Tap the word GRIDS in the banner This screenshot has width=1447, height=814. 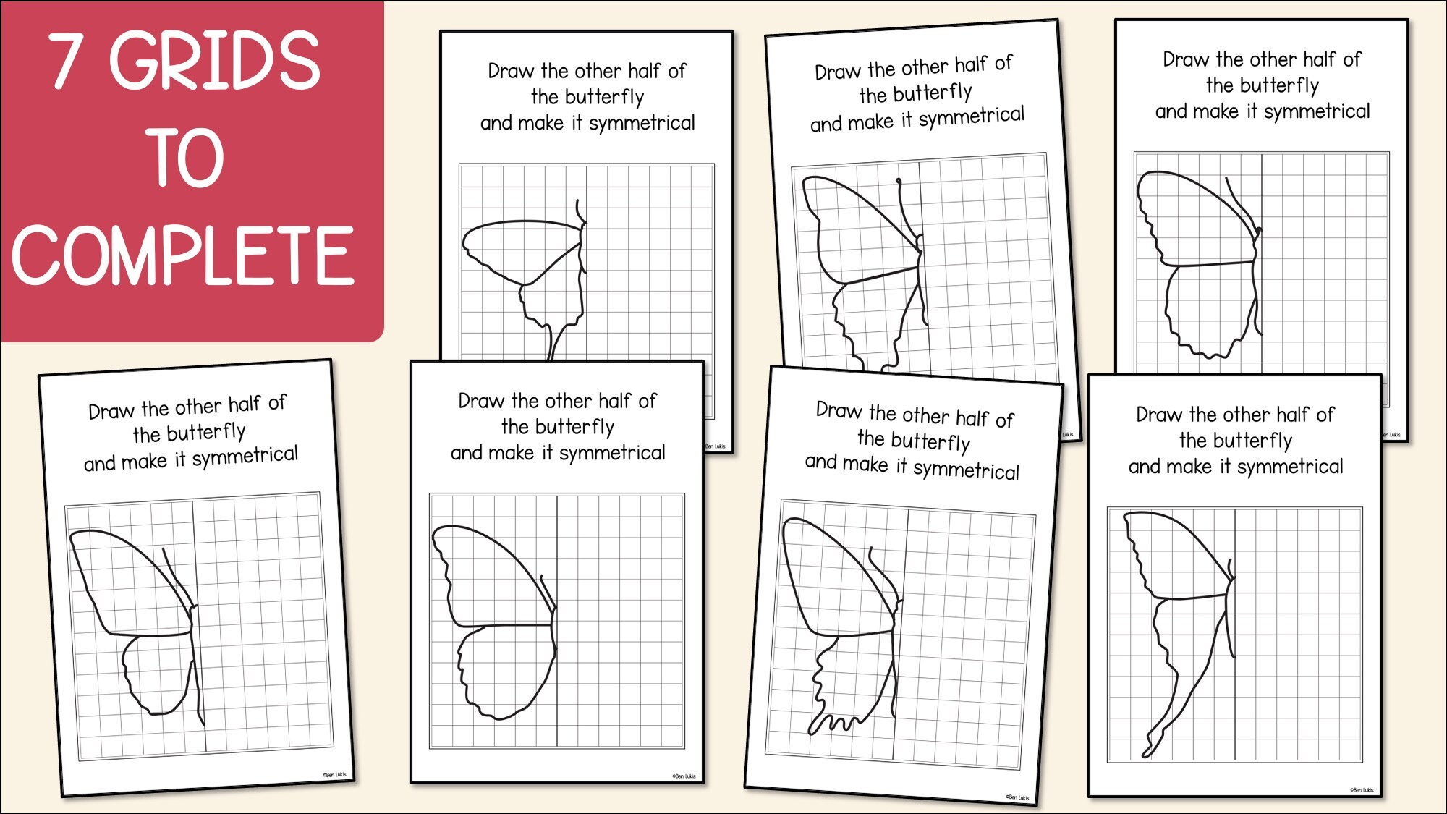coord(214,61)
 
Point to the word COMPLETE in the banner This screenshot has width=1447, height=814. coord(184,255)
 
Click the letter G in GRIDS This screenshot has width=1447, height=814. coord(137,61)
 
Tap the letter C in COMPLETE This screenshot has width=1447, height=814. coord(38,255)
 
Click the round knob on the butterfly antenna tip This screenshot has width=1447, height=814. coord(899,181)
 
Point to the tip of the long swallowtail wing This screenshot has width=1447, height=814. coord(1146,752)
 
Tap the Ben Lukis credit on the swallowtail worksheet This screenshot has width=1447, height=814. coord(1361,790)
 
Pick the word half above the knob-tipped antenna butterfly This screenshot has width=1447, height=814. coord(971,65)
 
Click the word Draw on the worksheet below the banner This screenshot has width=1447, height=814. coord(112,411)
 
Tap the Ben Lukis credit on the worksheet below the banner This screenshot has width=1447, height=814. coord(334,775)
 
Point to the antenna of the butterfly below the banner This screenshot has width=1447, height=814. coord(176,572)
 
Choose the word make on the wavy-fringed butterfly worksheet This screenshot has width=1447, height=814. coord(866,464)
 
